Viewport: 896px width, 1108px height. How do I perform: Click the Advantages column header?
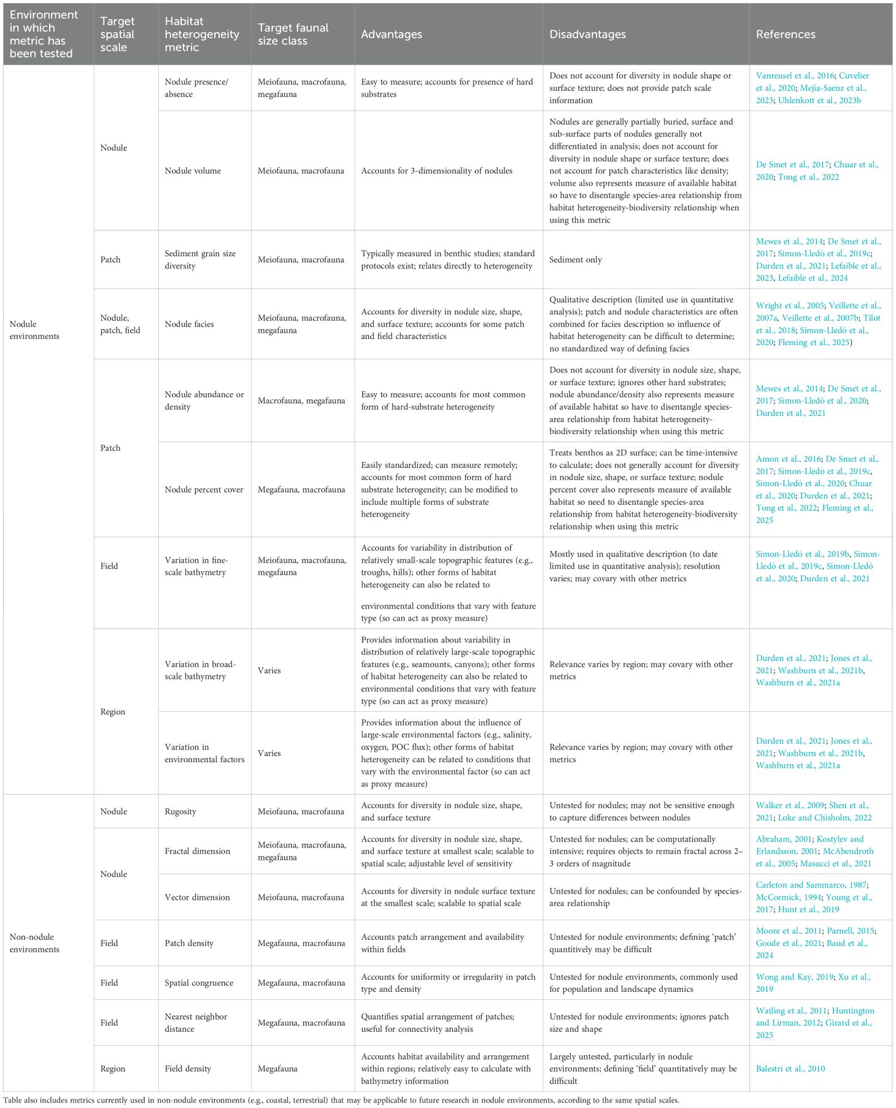point(392,34)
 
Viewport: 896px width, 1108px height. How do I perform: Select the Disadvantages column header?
point(587,34)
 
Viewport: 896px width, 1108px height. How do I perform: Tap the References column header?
point(786,34)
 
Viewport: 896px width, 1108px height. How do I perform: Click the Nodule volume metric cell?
point(193,171)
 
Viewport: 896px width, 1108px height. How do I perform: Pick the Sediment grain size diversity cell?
point(200,259)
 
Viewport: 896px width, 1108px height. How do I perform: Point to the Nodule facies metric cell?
point(189,324)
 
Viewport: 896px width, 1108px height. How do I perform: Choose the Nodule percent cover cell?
point(204,490)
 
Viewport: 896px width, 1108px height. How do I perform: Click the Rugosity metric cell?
point(180,811)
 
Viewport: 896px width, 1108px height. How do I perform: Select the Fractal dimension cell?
point(197,851)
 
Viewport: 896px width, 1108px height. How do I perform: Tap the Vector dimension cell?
point(197,897)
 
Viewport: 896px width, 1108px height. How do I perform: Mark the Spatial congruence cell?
point(199,983)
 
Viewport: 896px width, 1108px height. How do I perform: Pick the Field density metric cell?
point(188,1069)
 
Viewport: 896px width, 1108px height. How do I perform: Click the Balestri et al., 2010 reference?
point(790,1069)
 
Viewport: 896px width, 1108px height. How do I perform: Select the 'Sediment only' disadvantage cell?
point(576,260)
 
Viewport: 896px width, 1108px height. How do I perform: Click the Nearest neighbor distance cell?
point(196,1023)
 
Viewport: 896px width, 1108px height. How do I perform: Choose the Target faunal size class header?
point(293,34)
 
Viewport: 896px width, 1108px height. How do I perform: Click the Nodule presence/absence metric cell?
point(196,88)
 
